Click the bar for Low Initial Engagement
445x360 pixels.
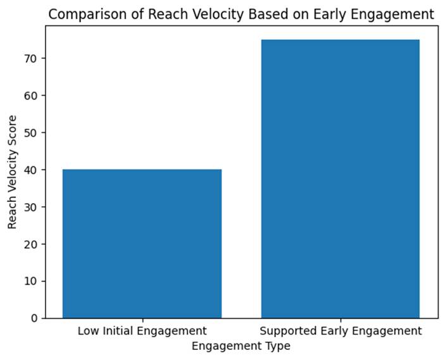[142, 244]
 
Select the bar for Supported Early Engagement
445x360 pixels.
[341, 178]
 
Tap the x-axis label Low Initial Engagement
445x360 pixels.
[142, 331]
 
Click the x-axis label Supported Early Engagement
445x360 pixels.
[341, 331]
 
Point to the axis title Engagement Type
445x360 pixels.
[241, 346]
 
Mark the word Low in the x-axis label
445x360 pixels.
[87, 331]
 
